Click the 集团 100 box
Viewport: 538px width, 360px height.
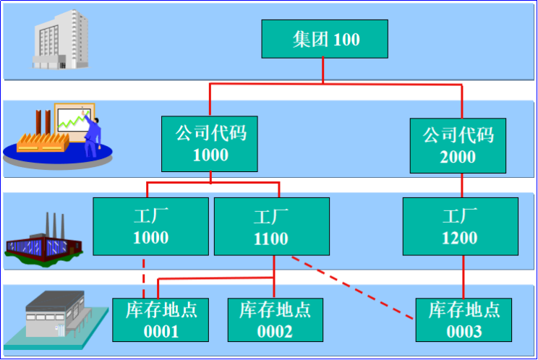325,38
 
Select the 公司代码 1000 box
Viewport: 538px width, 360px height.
210,144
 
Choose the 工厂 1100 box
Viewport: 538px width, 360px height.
271,227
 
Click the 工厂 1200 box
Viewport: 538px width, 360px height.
460,226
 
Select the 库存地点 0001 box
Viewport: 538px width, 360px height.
161,320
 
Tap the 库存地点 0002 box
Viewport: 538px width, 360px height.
276,320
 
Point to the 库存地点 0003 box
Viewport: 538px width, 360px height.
464,320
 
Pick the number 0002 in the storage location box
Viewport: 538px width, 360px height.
276,331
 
